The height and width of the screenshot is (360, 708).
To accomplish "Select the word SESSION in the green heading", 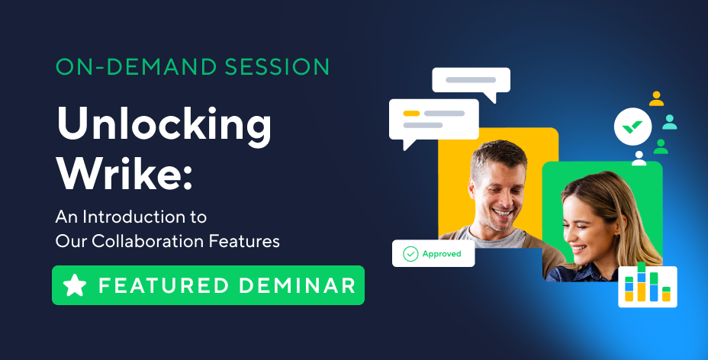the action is [x=277, y=67].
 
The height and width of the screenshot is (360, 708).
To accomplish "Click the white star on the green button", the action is [x=75, y=285].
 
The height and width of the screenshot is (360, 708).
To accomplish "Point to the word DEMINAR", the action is [x=297, y=285].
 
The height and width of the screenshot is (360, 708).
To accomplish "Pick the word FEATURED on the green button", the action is [x=164, y=285].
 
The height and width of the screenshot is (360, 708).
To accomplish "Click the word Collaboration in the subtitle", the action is [x=148, y=241].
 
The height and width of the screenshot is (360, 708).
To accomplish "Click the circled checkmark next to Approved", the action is [x=410, y=254].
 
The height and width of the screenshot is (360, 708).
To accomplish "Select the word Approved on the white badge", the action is [x=442, y=254].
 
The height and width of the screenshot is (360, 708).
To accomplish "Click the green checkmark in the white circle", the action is [x=632, y=127].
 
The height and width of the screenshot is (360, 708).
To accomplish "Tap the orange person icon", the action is [x=656, y=99].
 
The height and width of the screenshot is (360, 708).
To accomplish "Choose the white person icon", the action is [x=639, y=159].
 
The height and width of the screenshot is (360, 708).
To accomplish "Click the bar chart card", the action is [x=648, y=287].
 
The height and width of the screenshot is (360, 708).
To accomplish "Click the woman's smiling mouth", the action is [x=579, y=249].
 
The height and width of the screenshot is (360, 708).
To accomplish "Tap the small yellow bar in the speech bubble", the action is [x=411, y=113].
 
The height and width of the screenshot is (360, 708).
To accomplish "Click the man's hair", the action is [x=498, y=156].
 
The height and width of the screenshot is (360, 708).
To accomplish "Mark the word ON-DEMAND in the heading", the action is [x=136, y=67].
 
